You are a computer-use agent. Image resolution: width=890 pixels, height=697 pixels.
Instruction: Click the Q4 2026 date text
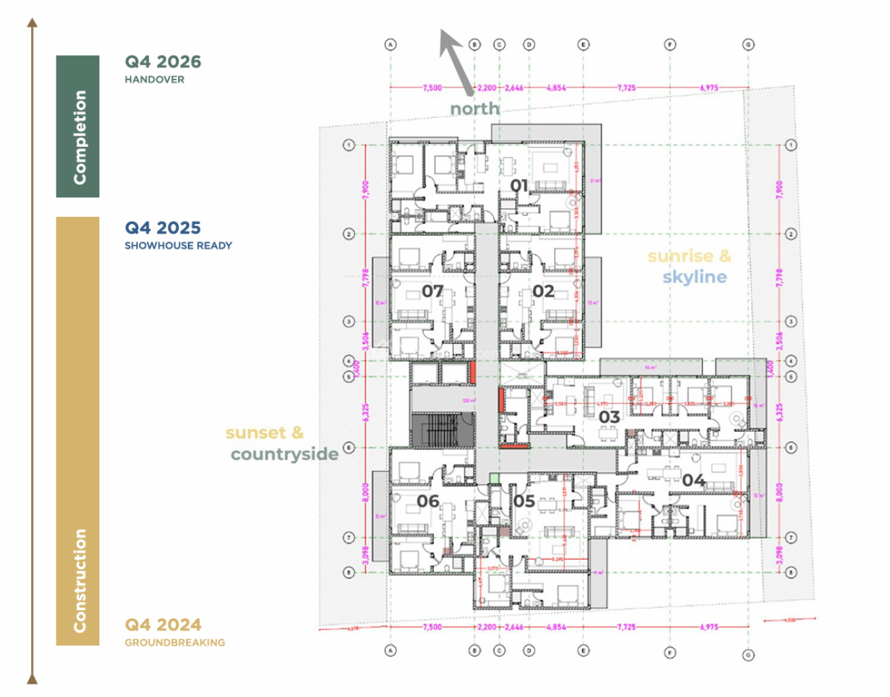coord(163,62)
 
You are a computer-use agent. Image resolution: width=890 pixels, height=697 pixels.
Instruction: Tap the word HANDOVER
coord(154,79)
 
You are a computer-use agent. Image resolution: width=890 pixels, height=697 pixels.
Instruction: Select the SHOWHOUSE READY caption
coord(178,246)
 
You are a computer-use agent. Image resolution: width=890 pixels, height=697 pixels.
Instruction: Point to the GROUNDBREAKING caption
coord(175,643)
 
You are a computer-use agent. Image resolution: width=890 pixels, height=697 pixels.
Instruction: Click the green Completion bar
coord(78,126)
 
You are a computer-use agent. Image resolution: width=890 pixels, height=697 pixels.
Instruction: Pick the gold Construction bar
coord(78,431)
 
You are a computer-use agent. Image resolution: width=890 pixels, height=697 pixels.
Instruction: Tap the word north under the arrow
coord(475,109)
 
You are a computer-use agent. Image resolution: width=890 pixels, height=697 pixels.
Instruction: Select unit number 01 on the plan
coord(519,184)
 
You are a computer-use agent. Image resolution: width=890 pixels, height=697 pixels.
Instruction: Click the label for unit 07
coord(432,291)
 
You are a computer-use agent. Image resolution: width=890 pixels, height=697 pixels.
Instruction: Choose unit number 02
coord(543,291)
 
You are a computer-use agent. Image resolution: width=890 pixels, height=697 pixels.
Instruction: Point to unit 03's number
coord(609,417)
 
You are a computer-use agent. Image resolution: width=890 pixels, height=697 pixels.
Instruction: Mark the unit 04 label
coord(693,480)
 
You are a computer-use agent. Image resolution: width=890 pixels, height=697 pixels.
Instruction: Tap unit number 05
coord(524,502)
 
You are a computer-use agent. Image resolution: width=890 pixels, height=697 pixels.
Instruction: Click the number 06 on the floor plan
coord(428,501)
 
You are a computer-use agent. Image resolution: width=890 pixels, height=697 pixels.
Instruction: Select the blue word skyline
coord(695,277)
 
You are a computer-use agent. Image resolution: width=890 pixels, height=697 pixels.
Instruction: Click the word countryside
coord(284,454)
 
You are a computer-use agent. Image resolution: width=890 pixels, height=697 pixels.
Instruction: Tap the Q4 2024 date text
coord(163,625)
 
